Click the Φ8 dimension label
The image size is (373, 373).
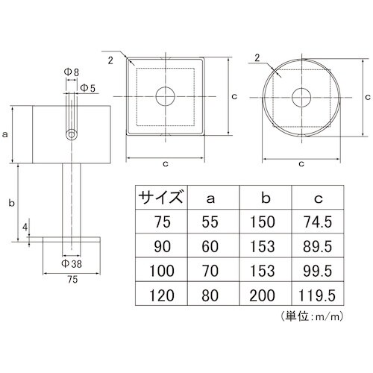tap(71, 73)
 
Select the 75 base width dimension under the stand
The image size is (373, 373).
tap(71, 280)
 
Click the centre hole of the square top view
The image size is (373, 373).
tap(164, 97)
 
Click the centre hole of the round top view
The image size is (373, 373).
tap(301, 98)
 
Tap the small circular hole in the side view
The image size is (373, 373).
tap(72, 135)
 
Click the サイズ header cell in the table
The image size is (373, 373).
tap(160, 198)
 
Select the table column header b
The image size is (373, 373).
tap(265, 198)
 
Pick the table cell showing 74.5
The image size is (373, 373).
tap(318, 222)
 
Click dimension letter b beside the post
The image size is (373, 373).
tap(8, 201)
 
